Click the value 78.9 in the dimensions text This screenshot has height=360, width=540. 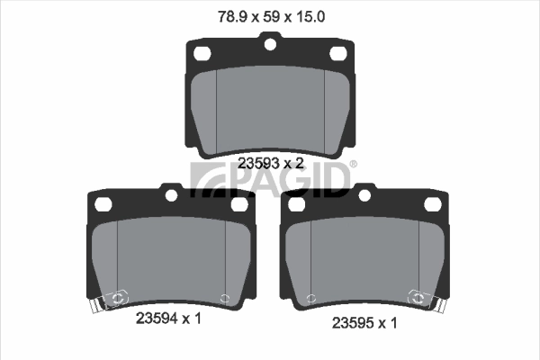[233, 15]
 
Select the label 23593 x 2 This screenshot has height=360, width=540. [270, 163]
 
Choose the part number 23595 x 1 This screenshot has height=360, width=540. [364, 321]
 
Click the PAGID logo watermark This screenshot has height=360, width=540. [270, 177]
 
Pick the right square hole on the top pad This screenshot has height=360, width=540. [339, 55]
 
